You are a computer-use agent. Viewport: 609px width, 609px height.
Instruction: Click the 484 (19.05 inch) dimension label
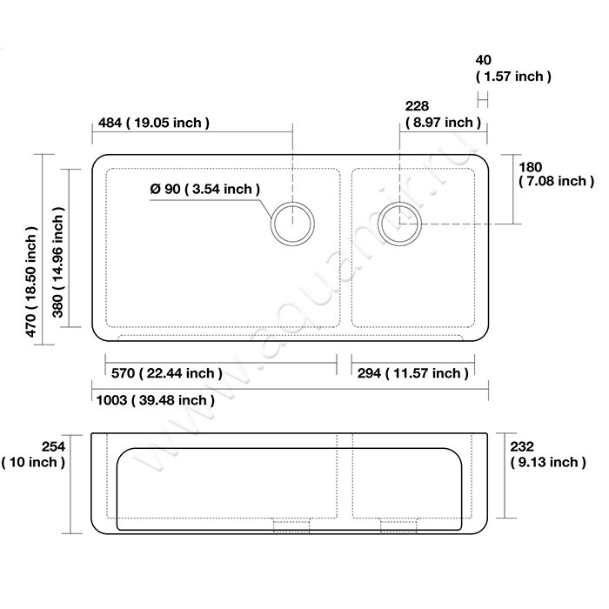pyautogui.click(x=154, y=123)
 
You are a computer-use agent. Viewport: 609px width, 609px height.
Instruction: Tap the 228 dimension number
pyautogui.click(x=417, y=106)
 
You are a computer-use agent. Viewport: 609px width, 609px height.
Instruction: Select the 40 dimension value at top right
pyautogui.click(x=483, y=60)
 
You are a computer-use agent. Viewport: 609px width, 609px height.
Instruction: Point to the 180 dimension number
pyautogui.click(x=530, y=167)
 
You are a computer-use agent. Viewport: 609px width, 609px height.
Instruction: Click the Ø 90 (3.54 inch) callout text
pyautogui.click(x=205, y=189)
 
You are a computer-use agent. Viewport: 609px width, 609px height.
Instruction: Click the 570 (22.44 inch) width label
pyautogui.click(x=167, y=373)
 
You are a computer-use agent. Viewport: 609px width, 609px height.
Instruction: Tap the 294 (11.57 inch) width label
pyautogui.click(x=413, y=373)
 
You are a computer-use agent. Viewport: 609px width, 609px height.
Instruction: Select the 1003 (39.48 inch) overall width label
pyautogui.click(x=156, y=400)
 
